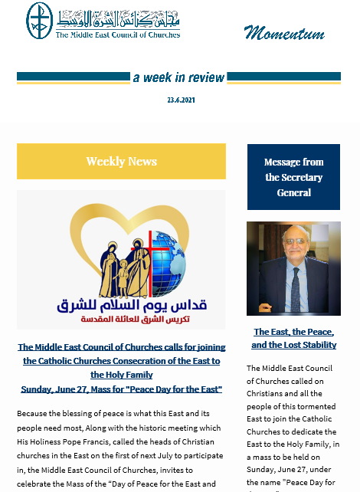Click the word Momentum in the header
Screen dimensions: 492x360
(x=284, y=33)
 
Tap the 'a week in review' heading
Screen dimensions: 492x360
(x=178, y=77)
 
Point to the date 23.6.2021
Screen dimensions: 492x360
(x=179, y=100)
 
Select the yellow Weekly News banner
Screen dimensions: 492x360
(x=121, y=161)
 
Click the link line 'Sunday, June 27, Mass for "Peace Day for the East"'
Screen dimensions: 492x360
(x=121, y=389)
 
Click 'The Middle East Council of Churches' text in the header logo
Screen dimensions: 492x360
(x=118, y=34)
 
